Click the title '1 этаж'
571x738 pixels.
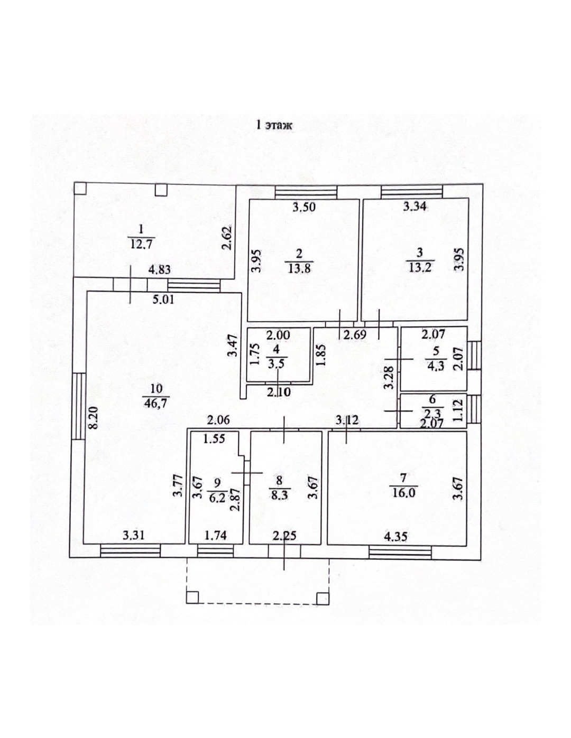pos(273,126)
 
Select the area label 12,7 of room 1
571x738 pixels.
pos(141,244)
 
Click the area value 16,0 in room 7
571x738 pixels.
pos(403,493)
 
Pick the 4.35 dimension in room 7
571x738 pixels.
pos(395,537)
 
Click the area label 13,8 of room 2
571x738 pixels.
pos(300,268)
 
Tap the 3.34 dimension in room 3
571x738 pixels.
pos(415,207)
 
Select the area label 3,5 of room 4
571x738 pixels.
pos(276,364)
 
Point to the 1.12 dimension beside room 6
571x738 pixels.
pos(458,410)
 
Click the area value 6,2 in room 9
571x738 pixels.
pos(217,497)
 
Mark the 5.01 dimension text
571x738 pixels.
pos(163,300)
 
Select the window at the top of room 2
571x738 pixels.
pos(306,191)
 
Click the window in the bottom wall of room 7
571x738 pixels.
pos(400,553)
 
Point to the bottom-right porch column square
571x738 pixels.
pos(322,597)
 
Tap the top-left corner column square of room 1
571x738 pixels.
pos(80,189)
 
